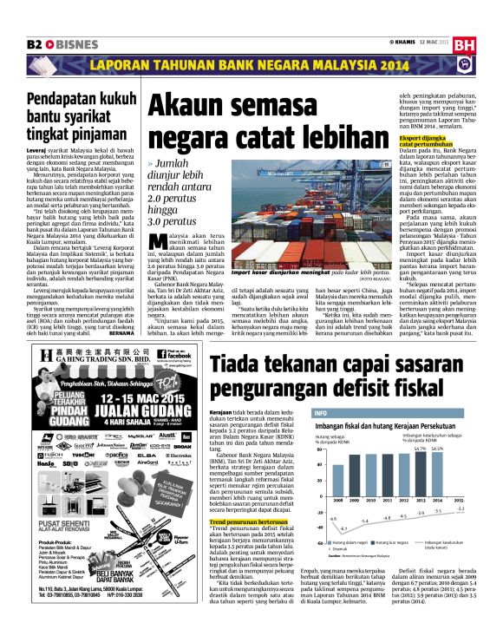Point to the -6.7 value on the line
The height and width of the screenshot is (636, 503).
point(343,528)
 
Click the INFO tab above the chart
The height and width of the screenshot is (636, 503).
point(321,413)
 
